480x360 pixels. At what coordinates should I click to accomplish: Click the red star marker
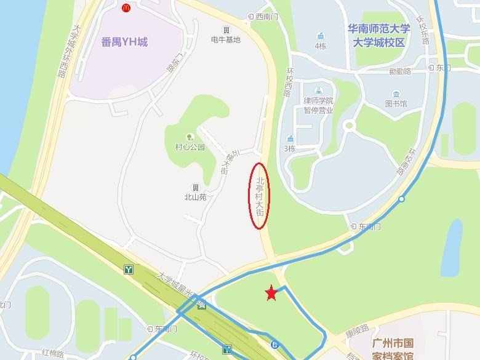point(271,294)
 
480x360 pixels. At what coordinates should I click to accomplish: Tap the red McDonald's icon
point(126,8)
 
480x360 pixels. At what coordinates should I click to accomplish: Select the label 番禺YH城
point(124,42)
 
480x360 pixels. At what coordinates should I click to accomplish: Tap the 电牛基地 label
point(226,39)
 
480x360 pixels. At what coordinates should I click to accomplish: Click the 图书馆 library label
point(396,103)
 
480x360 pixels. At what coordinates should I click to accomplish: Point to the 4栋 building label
point(321,46)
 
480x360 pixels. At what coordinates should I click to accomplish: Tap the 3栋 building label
point(290,148)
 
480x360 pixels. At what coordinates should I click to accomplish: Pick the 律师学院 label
point(318,100)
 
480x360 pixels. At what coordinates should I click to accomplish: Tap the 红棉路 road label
point(54,353)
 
